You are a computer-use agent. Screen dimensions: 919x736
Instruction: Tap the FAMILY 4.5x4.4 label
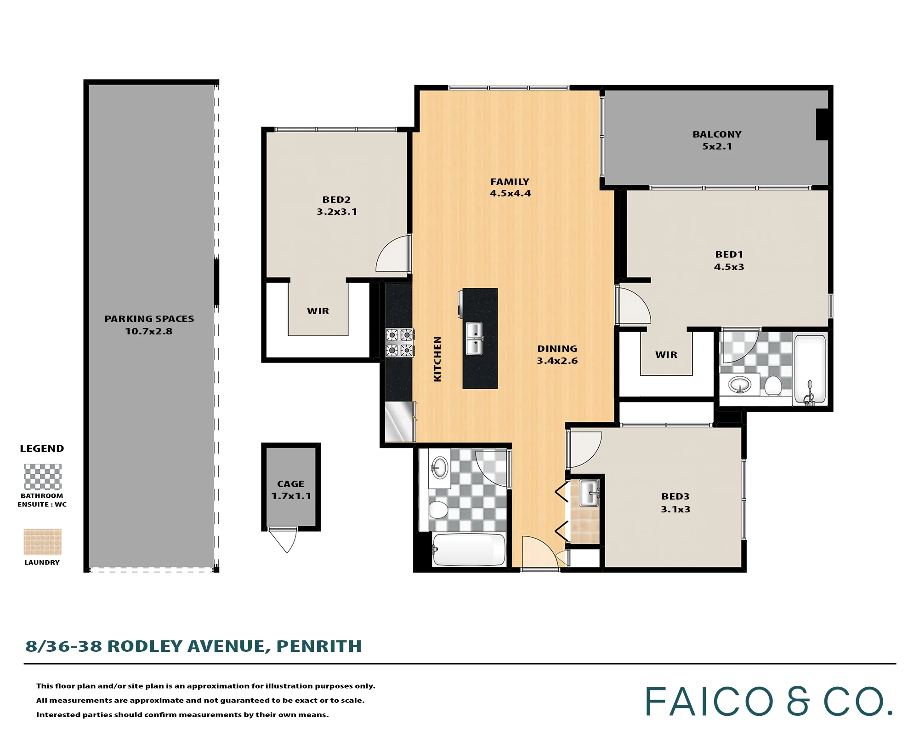click(510, 188)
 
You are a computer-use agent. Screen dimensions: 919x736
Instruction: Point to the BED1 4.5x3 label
click(729, 260)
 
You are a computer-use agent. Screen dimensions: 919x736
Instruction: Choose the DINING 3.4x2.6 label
click(557, 355)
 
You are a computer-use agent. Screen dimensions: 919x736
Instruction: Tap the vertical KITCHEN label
click(437, 359)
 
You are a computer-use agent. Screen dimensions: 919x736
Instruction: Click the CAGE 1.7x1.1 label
click(291, 490)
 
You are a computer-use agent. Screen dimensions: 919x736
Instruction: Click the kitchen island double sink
click(474, 339)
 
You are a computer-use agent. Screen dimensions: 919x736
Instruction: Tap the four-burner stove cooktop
click(400, 343)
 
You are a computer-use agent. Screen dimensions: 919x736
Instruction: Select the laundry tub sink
click(589, 493)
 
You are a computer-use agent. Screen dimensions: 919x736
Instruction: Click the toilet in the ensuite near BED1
click(773, 386)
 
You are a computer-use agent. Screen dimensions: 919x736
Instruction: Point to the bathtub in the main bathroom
click(469, 549)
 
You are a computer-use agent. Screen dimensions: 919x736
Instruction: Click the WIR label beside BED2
click(318, 311)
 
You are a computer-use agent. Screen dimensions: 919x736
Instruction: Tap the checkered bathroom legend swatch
click(42, 477)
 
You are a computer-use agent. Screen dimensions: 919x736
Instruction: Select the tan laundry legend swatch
click(42, 542)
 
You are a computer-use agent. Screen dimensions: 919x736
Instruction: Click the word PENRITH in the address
click(319, 646)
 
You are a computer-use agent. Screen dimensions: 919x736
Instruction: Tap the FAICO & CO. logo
click(769, 701)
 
